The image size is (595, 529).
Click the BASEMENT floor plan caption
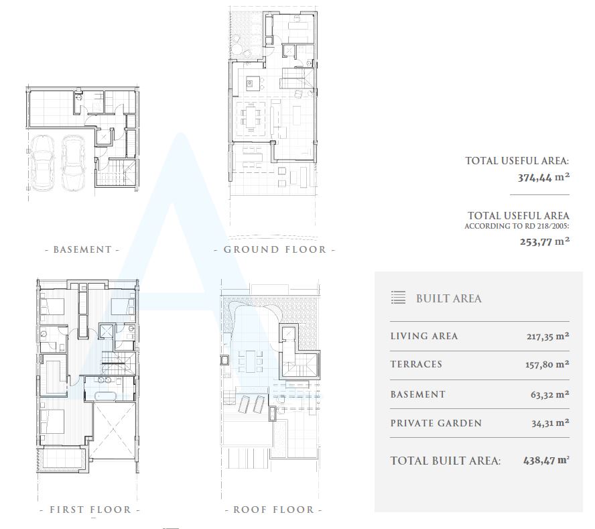coord(82,249)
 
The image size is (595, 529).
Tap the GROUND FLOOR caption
coord(275,249)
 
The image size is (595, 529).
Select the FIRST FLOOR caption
coord(90,510)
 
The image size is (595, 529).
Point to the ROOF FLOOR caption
coord(273,510)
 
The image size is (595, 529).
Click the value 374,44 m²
coord(544,178)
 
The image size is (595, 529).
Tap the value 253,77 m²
coord(545,241)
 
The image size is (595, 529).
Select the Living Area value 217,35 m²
coord(547,336)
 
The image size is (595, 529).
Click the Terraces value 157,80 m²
coord(547,365)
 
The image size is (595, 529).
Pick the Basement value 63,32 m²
coord(550,394)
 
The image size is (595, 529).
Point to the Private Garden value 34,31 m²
coord(550,423)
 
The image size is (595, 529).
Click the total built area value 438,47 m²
coord(547,461)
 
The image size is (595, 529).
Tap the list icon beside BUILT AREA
coord(398,298)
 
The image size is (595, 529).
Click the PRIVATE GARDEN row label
coord(436,423)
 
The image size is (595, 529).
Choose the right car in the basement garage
coord(74,163)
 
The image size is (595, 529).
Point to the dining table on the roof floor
coord(250,361)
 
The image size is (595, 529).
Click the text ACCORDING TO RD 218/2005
coord(517,227)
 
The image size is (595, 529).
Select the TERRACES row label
coord(416,365)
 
